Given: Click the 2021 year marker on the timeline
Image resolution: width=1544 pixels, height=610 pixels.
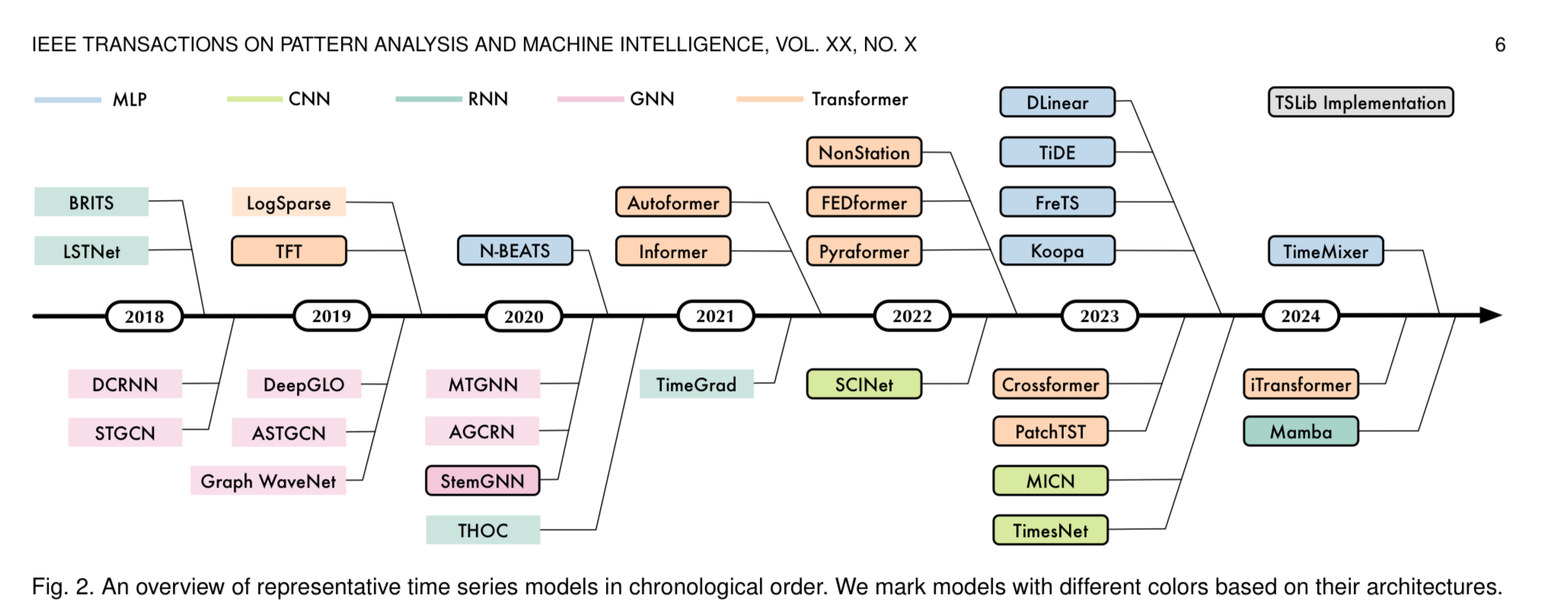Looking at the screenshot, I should coord(715,316).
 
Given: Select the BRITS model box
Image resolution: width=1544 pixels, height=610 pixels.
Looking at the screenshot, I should coord(91,202).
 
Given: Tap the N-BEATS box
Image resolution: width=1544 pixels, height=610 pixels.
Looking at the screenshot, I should coord(515,250).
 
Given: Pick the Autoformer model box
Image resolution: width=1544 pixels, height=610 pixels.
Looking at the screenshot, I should coord(673,202).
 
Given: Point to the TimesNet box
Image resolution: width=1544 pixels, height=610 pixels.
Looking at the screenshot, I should coord(1050,530).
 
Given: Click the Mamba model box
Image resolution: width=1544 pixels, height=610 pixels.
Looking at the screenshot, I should coord(1300,431).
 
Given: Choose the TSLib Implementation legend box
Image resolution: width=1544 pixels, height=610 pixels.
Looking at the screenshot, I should coord(1360,102).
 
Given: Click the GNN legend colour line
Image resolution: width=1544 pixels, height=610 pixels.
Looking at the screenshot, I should coord(590,99).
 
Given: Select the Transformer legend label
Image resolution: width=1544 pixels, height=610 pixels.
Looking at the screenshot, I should coord(860,99).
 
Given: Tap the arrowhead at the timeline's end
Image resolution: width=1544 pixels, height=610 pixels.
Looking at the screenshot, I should coord(1490,315).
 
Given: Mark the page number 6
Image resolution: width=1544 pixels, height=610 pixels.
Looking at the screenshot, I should coord(1500,45).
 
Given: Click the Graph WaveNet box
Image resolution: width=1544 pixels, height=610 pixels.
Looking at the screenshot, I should coord(268,481).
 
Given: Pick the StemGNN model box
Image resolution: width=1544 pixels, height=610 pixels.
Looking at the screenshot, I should coord(483,481).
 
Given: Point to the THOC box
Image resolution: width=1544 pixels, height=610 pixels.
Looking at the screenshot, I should coord(483,530).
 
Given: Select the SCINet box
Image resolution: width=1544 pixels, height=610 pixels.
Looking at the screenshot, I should coord(863,384).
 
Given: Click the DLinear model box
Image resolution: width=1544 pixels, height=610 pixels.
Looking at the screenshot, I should coord(1057,102).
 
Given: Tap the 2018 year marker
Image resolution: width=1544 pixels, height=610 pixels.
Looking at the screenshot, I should coord(144,316).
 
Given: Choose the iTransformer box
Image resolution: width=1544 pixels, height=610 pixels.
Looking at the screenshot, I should coord(1300,384).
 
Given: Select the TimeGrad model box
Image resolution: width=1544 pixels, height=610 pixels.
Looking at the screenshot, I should coord(696,384).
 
